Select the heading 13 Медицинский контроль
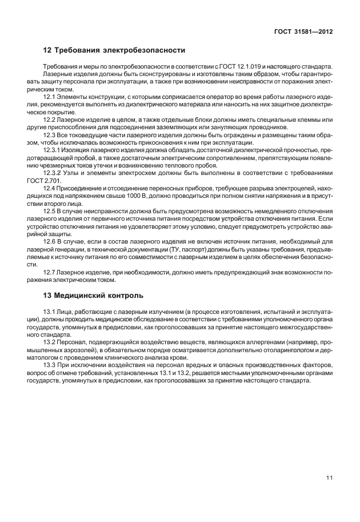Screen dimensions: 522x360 click(x=94, y=296)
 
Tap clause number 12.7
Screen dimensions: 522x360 click(x=50, y=272)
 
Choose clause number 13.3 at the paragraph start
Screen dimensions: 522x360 click(x=50, y=364)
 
